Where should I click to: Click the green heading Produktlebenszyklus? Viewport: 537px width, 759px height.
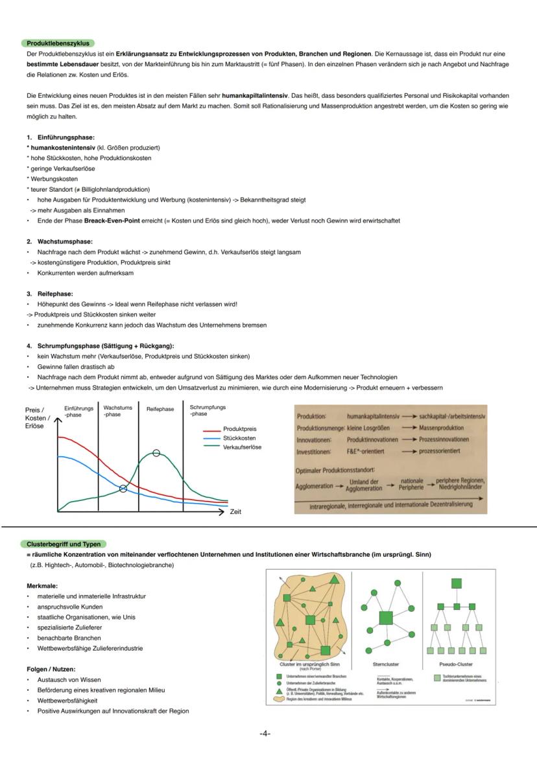[58, 43]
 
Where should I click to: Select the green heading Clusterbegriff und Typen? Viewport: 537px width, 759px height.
[64, 544]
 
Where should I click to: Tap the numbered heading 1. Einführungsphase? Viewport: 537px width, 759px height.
[60, 137]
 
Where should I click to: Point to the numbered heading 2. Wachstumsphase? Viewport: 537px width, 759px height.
[60, 241]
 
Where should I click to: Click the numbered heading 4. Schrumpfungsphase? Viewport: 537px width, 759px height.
[101, 345]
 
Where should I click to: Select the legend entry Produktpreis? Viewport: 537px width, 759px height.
[239, 429]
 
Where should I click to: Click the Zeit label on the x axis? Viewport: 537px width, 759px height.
[235, 512]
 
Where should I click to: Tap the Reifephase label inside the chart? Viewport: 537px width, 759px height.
[160, 409]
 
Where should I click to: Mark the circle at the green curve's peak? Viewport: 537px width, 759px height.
[156, 453]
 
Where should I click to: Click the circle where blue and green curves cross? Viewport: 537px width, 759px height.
[123, 488]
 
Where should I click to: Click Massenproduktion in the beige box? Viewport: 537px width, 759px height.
[441, 428]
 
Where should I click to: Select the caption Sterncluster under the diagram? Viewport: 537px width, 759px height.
[386, 664]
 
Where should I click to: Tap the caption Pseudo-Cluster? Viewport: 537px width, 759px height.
[456, 664]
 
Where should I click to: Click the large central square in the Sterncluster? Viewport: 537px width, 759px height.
[386, 618]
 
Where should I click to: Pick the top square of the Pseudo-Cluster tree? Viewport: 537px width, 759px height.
[457, 583]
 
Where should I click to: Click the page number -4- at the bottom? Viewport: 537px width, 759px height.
[265, 733]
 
